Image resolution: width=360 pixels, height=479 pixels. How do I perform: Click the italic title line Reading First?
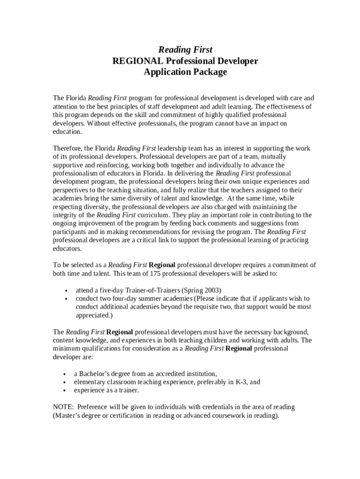(185, 50)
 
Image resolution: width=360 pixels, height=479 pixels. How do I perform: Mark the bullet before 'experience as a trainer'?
(65, 390)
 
